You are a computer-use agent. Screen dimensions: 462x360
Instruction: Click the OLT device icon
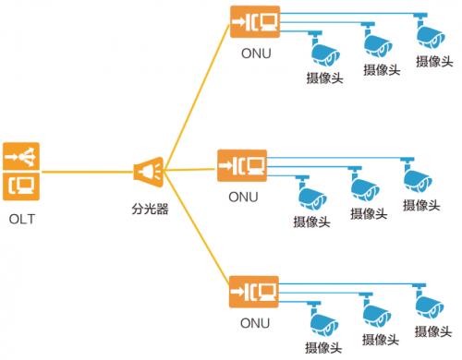tap(21, 172)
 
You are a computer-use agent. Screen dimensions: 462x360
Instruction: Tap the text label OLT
tap(22, 220)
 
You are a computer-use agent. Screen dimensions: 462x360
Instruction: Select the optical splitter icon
tap(149, 172)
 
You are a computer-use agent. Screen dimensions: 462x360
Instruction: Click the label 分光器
tap(150, 209)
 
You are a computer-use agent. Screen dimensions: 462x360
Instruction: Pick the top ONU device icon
tap(255, 22)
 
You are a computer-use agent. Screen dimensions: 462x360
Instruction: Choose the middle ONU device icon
tap(242, 165)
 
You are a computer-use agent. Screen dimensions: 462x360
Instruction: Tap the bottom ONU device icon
tap(254, 292)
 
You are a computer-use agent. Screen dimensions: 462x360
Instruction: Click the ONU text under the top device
tap(256, 54)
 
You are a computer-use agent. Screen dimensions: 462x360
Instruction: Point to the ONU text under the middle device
tap(243, 197)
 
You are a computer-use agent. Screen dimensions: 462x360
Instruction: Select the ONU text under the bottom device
tap(255, 323)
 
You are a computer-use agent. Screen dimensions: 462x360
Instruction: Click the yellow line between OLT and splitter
tap(87, 172)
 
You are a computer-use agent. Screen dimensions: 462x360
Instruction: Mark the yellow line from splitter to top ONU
tap(198, 98)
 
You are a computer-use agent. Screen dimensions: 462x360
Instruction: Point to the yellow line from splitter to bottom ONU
tap(197, 228)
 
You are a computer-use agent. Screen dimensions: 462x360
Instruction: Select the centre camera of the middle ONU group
tap(364, 184)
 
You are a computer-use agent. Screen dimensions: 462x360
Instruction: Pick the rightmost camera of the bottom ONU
tap(428, 302)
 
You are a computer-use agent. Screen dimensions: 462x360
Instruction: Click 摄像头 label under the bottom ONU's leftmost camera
tap(323, 348)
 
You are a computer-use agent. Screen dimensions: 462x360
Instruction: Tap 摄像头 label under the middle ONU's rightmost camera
tap(421, 205)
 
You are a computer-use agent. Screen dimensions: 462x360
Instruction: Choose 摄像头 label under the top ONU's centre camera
tap(382, 70)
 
